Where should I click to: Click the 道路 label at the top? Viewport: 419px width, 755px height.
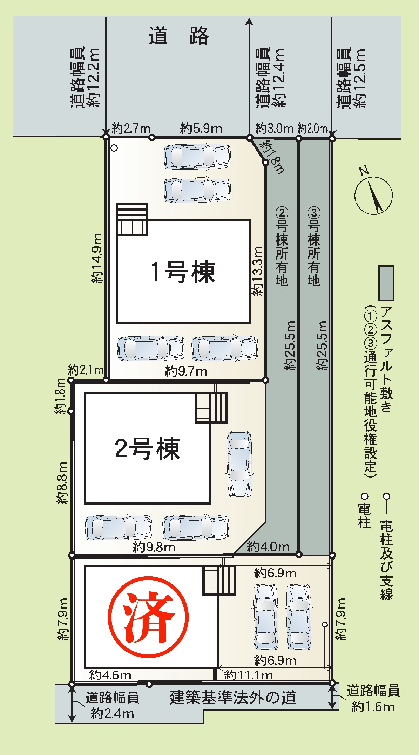178,36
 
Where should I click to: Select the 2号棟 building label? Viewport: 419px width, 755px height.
147,448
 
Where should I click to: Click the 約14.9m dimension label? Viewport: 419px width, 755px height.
96,258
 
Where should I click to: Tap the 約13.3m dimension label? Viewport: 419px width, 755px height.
257,271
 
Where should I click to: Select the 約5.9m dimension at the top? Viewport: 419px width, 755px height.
201,129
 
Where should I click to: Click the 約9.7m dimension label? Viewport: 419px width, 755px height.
186,371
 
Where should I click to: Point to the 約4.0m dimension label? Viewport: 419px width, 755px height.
268,547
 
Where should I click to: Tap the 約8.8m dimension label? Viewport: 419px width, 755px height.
62,483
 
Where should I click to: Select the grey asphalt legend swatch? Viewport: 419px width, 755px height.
386,283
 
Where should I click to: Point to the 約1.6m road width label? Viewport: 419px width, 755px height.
373,707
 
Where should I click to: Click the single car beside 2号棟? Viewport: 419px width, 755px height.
240,464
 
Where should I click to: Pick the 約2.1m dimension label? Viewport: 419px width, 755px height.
86,370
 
